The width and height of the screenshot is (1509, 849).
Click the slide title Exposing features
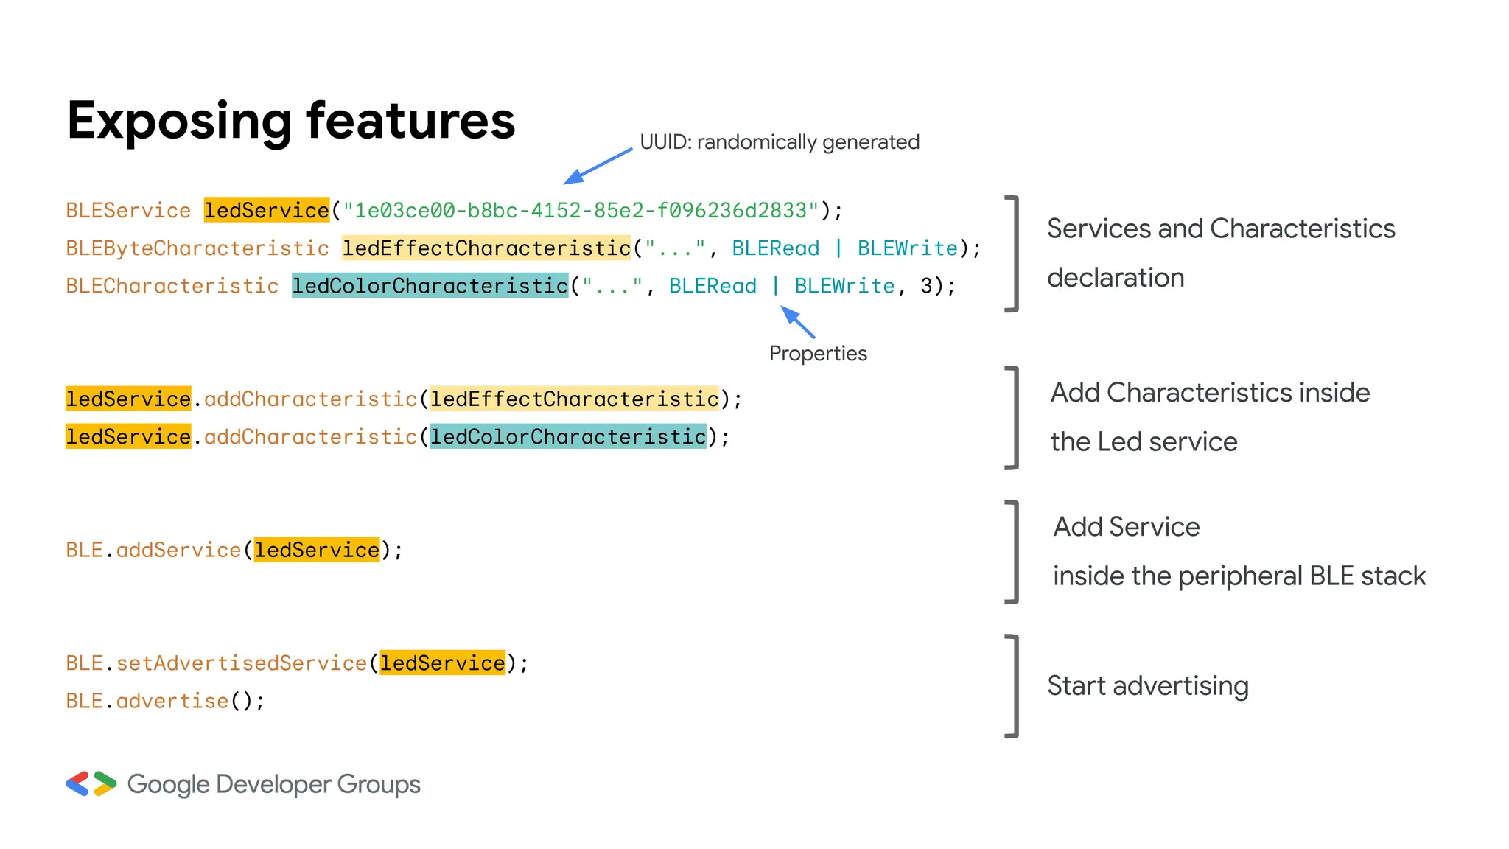[x=290, y=121]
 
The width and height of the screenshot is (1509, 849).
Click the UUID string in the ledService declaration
[x=581, y=211]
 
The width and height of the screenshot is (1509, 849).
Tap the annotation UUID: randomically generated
[x=779, y=141]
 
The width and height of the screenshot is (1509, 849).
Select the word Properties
[x=818, y=354]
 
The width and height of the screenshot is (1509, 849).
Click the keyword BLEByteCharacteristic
[x=197, y=248]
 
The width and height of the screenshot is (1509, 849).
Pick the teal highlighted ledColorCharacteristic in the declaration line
[x=430, y=286]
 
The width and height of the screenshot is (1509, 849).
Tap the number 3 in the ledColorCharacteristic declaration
[x=926, y=286]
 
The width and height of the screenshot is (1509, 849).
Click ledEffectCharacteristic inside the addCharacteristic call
[x=574, y=399]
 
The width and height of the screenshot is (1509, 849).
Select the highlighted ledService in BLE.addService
[x=317, y=551]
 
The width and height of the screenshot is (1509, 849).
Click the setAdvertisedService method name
[x=241, y=663]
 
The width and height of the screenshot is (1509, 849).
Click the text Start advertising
[x=1147, y=686]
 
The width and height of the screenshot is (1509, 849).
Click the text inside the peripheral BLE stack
[x=1239, y=576]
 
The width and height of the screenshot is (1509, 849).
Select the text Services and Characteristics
[x=1220, y=229]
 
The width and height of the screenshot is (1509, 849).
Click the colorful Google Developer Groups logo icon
[x=91, y=784]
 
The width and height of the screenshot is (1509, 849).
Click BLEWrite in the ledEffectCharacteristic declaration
[x=907, y=248]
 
